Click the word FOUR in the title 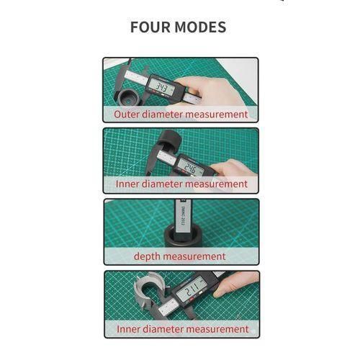pyautogui.click(x=151, y=27)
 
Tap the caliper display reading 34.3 pyautogui.click(x=163, y=89)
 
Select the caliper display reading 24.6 pyautogui.click(x=192, y=168)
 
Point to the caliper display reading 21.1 pyautogui.click(x=192, y=291)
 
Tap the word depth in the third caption pyautogui.click(x=149, y=256)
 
